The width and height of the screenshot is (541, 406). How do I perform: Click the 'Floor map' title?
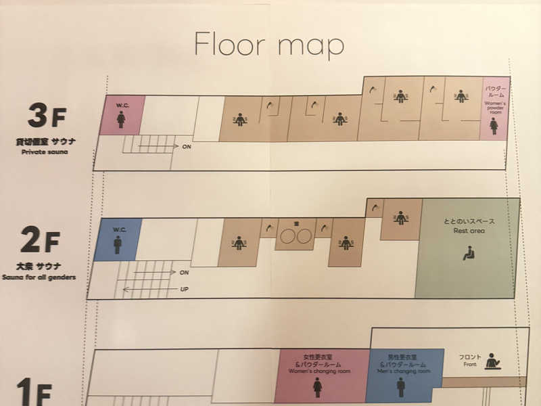(269, 44)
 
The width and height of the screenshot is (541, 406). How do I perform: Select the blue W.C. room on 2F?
(117, 240)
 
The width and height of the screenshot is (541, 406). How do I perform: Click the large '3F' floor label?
(46, 116)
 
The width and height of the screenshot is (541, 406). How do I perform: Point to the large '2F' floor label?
(40, 239)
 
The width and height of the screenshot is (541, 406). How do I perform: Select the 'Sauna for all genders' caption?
(39, 277)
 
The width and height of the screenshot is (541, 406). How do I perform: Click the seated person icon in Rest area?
(467, 254)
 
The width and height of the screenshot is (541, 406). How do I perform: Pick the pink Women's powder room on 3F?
(494, 108)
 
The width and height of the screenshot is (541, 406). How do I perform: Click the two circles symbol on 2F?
(295, 236)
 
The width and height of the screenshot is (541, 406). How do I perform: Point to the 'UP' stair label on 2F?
(184, 289)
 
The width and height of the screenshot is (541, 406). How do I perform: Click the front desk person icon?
(493, 361)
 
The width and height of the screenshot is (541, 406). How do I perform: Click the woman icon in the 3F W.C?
(121, 120)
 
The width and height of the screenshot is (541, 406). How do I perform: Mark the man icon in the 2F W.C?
(117, 244)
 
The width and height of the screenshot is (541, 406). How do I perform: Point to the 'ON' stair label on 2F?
(184, 272)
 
